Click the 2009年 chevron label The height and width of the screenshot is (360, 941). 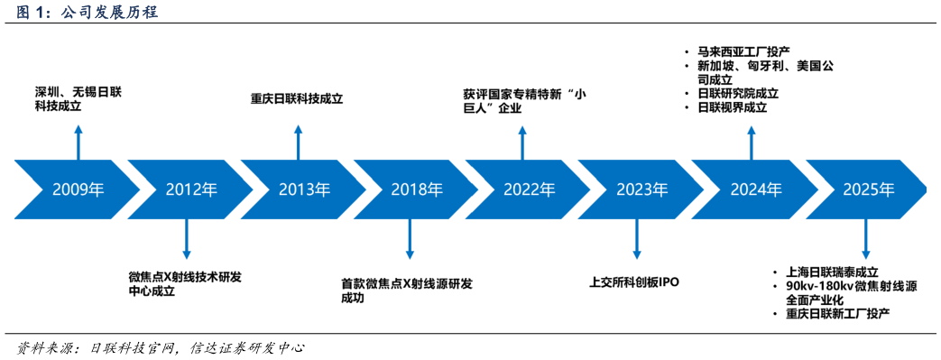pos(78,190)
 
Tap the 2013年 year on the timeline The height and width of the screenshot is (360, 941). pos(304,190)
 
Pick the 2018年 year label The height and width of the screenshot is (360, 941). pos(417,190)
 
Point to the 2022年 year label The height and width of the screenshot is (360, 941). pos(530,190)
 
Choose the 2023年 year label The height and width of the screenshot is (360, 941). pos(642,190)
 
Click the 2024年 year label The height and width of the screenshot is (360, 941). pos(755,190)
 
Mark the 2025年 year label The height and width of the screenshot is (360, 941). pos(868,190)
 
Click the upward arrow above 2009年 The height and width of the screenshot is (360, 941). pos(78,143)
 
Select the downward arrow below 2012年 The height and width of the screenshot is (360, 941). pos(187,238)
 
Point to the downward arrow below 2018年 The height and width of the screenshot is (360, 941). pos(411,238)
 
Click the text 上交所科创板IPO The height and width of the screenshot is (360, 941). pos(633,282)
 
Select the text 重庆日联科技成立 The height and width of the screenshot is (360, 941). pos(297,99)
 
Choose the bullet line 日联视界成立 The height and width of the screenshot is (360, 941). pos(732,107)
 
